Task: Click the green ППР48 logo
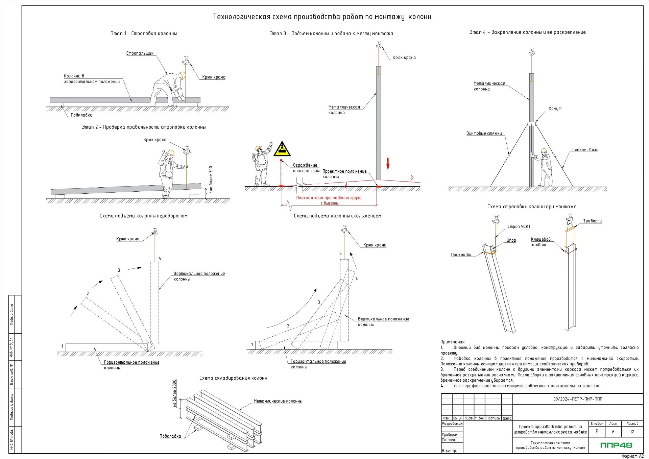tap(616, 445)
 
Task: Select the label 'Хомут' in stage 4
tap(555, 108)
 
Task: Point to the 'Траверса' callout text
tap(592, 221)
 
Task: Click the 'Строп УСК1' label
tap(519, 227)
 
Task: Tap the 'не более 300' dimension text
tap(211, 178)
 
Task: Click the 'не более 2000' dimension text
tap(174, 393)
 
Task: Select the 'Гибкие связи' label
tap(585, 150)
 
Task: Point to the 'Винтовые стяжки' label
tap(484, 134)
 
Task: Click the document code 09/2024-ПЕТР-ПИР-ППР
tap(578, 399)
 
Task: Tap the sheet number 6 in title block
tap(613, 432)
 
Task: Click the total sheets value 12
tap(632, 432)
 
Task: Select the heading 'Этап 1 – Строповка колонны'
tap(144, 33)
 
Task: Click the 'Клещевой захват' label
tap(540, 242)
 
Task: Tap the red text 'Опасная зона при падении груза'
tap(329, 198)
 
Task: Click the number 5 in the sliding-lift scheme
tap(340, 253)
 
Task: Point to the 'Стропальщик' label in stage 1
tap(140, 53)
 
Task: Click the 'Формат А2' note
tap(632, 456)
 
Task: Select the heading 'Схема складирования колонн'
tap(233, 378)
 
